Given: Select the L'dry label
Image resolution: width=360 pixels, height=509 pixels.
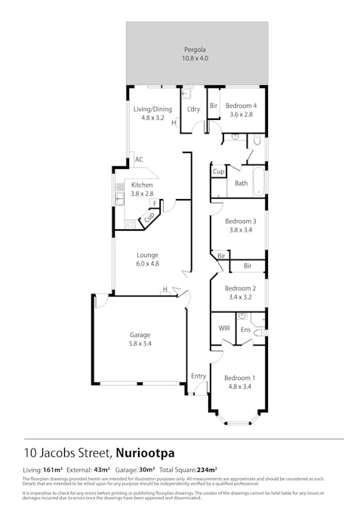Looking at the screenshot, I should pyautogui.click(x=193, y=110).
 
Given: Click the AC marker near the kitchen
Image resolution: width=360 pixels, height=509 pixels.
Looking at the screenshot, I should pyautogui.click(x=139, y=160).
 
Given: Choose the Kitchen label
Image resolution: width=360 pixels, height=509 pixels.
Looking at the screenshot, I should pyautogui.click(x=142, y=185).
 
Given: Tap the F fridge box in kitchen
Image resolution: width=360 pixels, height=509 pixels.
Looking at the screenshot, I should pyautogui.click(x=154, y=203).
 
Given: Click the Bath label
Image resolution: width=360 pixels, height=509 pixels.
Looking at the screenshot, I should pyautogui.click(x=241, y=183).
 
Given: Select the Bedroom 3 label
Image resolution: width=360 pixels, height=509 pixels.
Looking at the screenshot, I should pyautogui.click(x=240, y=221).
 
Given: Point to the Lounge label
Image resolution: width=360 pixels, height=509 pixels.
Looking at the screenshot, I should pyautogui.click(x=147, y=255).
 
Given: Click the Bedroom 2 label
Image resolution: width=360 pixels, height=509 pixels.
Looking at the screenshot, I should pyautogui.click(x=240, y=288).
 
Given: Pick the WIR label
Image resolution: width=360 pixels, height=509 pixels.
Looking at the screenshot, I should pyautogui.click(x=224, y=330).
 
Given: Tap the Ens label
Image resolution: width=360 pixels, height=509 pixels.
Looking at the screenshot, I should pyautogui.click(x=245, y=330).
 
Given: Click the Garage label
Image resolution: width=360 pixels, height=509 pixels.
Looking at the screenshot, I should pyautogui.click(x=140, y=335).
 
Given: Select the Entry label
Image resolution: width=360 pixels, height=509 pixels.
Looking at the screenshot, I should pyautogui.click(x=198, y=376).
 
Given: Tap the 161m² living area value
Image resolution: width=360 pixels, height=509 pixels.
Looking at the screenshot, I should pyautogui.click(x=53, y=470).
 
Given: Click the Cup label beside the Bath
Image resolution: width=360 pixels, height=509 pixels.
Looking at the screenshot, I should pyautogui.click(x=218, y=172).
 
